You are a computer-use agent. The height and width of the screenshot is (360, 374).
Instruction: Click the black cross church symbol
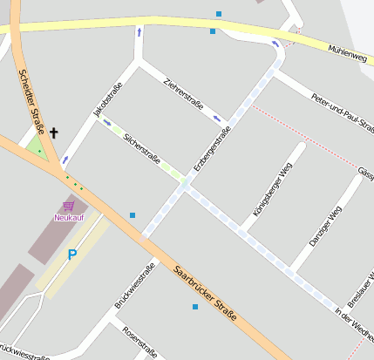click(54, 132)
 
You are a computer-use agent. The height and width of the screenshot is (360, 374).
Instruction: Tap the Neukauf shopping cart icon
click(68, 206)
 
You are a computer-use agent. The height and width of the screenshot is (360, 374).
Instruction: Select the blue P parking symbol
click(72, 255)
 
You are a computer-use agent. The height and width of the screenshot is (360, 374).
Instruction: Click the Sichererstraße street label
click(143, 150)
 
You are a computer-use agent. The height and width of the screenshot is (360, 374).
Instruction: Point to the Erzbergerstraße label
click(212, 147)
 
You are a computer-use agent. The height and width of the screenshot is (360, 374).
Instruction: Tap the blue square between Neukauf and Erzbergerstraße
click(133, 214)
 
